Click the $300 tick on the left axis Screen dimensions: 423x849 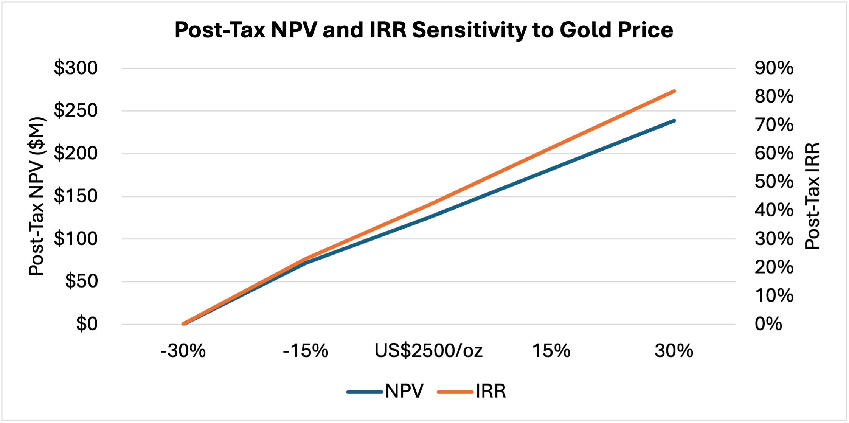coord(76,68)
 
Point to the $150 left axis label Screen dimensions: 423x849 coord(76,196)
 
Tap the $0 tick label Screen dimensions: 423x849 coord(87,324)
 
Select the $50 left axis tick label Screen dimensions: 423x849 coord(81,281)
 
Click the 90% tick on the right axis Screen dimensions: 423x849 coord(774,68)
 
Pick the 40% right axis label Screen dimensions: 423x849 coord(774,210)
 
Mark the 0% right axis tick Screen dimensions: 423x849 coord(768,324)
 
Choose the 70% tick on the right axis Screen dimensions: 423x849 coord(774,125)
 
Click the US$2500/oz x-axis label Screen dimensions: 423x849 coord(428,351)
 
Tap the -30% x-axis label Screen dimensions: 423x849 coord(183,351)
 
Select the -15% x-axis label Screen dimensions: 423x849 coord(306,351)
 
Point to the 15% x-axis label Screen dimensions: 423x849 coord(551,351)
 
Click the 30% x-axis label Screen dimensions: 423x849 coord(674,351)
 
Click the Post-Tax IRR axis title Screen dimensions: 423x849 coord(812,196)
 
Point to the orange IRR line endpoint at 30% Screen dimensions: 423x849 coord(674,91)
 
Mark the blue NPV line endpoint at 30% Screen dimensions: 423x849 coord(674,121)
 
